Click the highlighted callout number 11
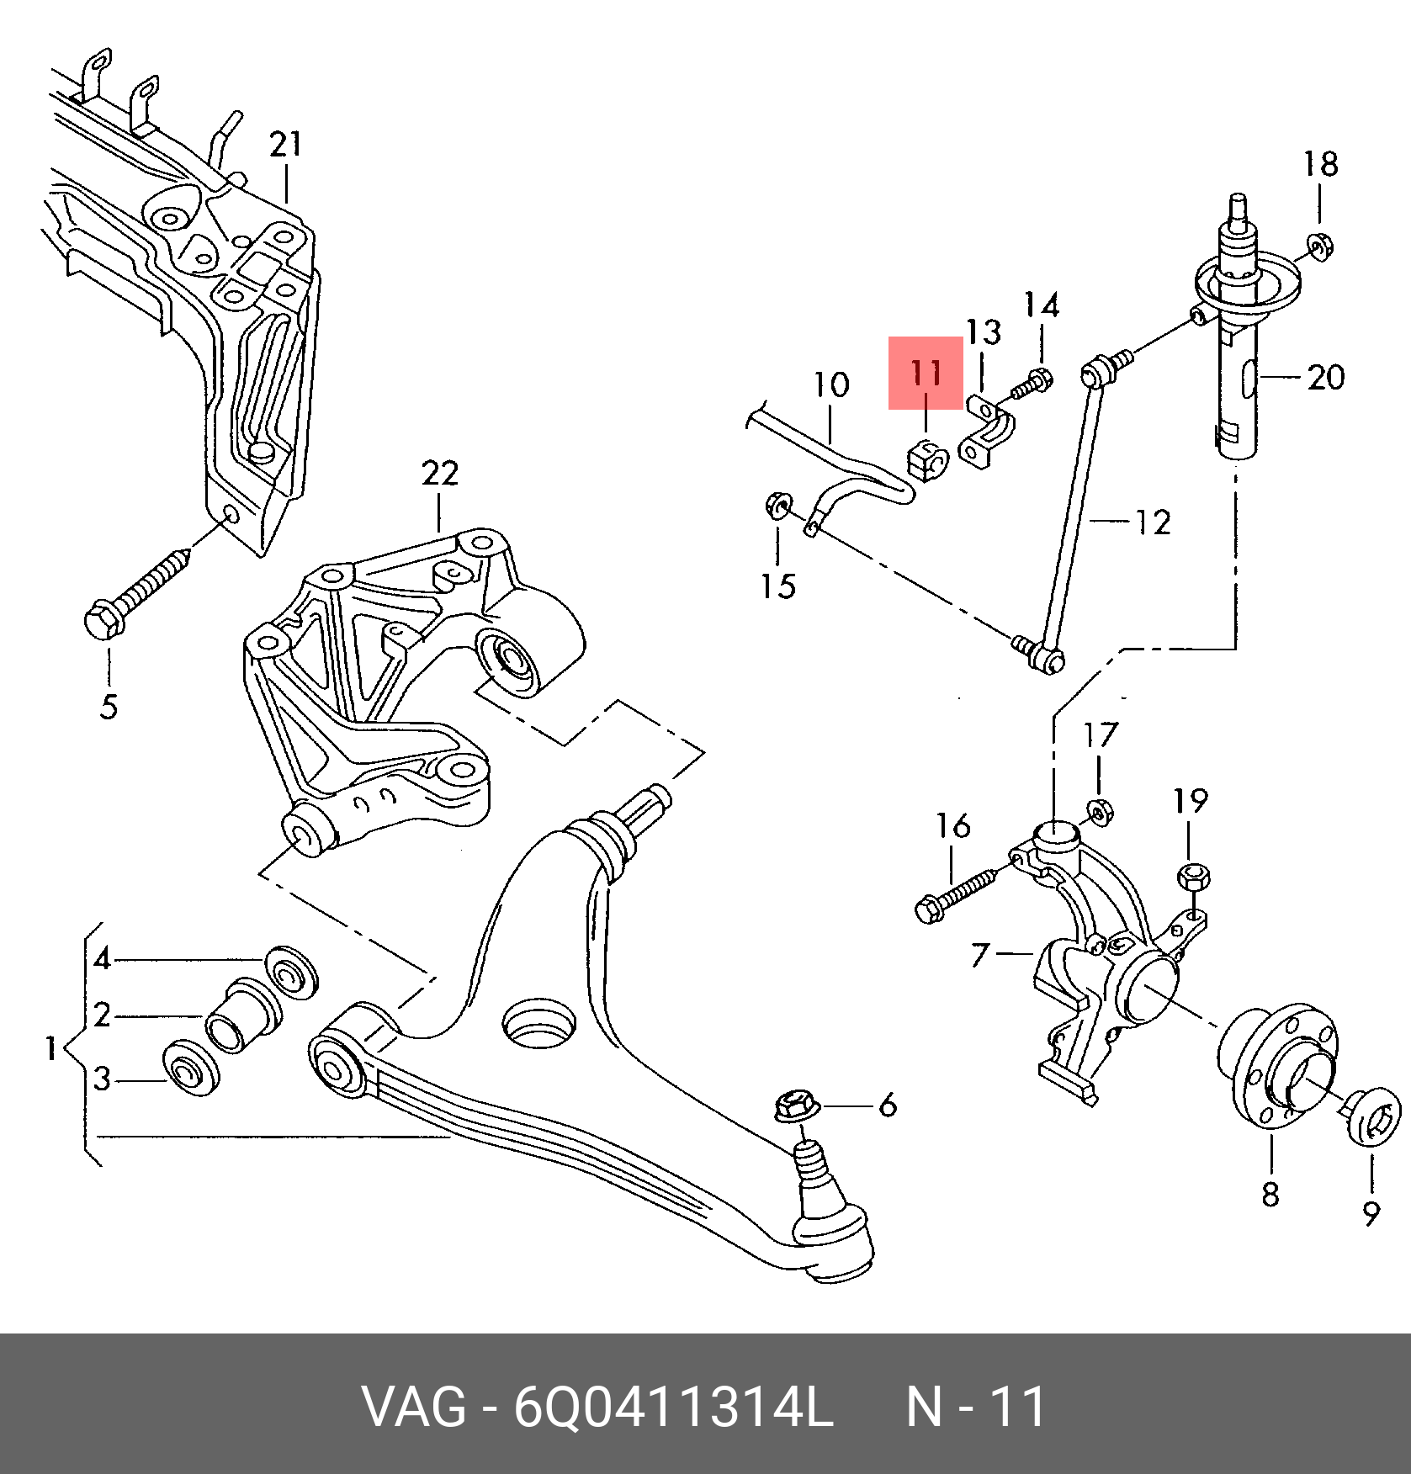click(926, 373)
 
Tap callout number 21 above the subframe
click(285, 145)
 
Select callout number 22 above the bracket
click(439, 474)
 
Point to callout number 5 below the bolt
click(109, 707)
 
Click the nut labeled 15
click(777, 506)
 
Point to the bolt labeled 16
click(955, 895)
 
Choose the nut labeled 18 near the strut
click(1319, 247)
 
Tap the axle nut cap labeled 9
click(1373, 1115)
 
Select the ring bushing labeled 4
click(291, 972)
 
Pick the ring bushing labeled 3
click(194, 1068)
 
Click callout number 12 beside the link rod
click(1153, 522)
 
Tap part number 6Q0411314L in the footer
click(673, 1407)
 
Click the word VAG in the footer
click(413, 1407)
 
